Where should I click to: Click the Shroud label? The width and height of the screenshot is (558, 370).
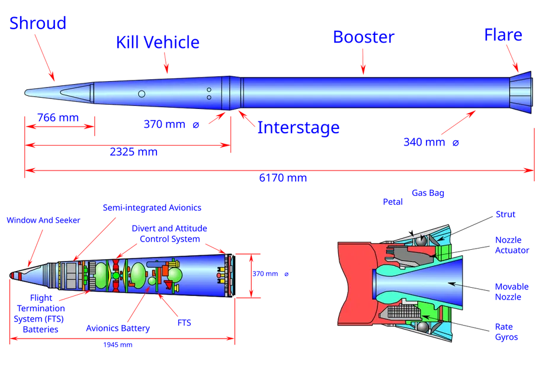tap(37, 22)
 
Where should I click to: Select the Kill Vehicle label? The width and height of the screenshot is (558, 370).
tap(158, 43)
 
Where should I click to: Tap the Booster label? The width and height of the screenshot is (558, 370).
tap(363, 37)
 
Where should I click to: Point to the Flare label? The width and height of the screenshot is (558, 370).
tap(503, 34)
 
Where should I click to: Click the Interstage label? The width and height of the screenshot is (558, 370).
tap(298, 127)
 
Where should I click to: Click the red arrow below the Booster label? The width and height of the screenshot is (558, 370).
tap(363, 62)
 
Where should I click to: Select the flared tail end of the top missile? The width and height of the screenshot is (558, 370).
tap(521, 93)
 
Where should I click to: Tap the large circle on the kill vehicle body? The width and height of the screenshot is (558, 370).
tap(142, 94)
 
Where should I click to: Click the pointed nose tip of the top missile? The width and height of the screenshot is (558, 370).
tap(27, 92)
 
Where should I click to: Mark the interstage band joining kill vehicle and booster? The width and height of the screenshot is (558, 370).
tap(234, 92)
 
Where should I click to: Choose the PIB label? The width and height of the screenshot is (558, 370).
tap(184, 324)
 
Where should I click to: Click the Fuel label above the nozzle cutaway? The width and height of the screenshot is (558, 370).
tap(392, 202)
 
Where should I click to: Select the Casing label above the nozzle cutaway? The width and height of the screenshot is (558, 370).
tap(427, 193)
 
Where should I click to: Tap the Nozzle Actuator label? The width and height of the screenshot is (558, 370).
tap(512, 244)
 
